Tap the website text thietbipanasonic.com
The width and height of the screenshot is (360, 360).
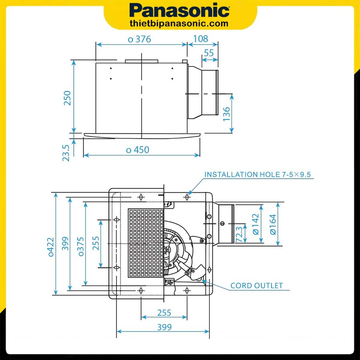[x=179, y=23]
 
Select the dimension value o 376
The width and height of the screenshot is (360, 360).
[x=139, y=39]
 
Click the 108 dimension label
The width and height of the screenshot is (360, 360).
[x=200, y=39]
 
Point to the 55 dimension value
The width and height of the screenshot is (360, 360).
[x=209, y=53]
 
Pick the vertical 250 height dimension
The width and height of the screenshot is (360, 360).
[x=67, y=98]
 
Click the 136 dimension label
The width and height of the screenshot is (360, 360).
[x=226, y=114]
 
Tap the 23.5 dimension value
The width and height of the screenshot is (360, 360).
[x=66, y=153]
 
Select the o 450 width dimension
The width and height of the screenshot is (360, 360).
[x=138, y=150]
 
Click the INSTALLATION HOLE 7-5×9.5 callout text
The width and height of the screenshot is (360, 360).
[x=257, y=174]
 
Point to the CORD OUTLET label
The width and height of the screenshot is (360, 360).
[x=256, y=286]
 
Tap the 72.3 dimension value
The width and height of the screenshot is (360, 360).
[x=239, y=234]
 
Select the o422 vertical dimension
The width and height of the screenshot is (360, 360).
[x=51, y=247]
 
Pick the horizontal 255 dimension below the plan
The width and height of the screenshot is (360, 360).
[x=164, y=313]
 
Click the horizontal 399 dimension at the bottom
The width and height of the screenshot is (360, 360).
[x=164, y=327]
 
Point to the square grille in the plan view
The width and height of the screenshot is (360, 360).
[x=146, y=243]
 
